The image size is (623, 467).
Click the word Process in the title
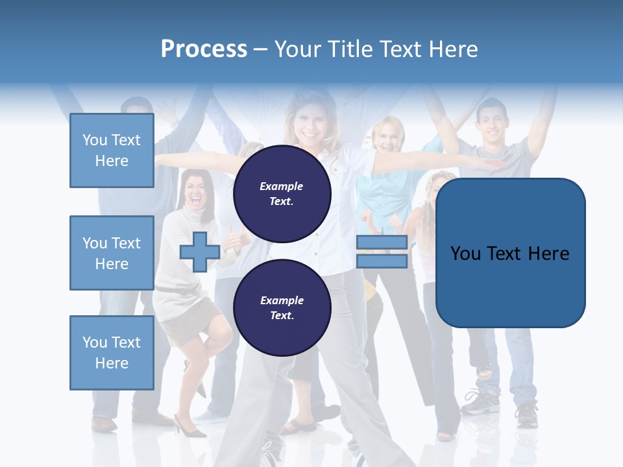(204, 49)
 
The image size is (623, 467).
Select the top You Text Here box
(112, 150)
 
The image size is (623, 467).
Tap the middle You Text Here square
(112, 253)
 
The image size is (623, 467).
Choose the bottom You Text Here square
(112, 353)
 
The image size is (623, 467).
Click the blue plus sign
(199, 252)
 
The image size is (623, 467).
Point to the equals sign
(382, 252)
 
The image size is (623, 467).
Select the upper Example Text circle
(282, 193)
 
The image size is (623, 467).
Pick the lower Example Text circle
(282, 307)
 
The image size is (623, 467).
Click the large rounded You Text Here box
(510, 253)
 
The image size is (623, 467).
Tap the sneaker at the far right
(527, 414)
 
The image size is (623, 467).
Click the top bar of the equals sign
(382, 243)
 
